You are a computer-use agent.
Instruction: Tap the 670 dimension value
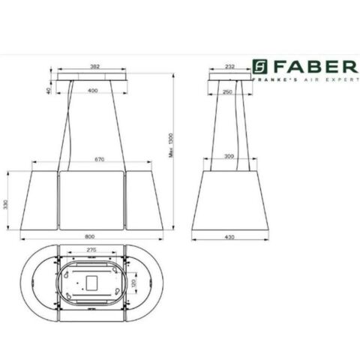pos(94,160)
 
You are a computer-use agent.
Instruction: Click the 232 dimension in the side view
pos(230,67)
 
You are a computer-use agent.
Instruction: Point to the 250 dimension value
pos(229,91)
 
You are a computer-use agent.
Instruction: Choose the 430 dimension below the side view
pos(229,238)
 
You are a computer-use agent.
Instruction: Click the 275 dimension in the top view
pos(91,250)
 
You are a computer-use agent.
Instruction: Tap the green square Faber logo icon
pos(259,67)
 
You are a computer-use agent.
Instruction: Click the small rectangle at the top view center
pos(91,283)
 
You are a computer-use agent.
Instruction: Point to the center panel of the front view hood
pos(91,200)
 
